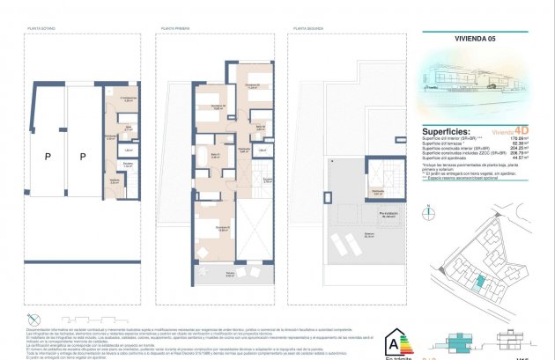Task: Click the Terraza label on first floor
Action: click(x=230, y=274)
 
